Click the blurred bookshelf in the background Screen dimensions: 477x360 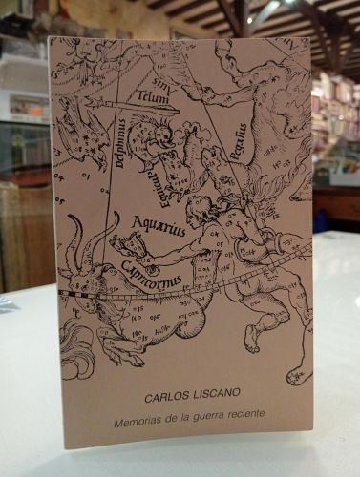334,124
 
